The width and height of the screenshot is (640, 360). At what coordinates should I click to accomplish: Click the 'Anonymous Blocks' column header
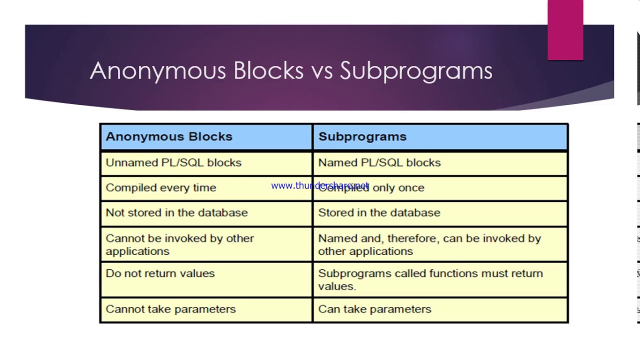click(x=169, y=136)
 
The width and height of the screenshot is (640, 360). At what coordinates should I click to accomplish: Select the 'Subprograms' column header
click(x=362, y=136)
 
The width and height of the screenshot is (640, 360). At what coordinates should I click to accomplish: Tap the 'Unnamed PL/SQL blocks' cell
click(x=173, y=162)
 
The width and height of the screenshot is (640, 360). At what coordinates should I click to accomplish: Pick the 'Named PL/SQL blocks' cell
click(x=379, y=162)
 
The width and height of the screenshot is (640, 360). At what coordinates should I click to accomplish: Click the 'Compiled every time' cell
click(x=161, y=187)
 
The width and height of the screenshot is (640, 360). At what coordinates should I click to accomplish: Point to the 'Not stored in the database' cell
click(x=176, y=212)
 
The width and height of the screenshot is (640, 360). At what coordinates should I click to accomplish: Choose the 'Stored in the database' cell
click(x=379, y=212)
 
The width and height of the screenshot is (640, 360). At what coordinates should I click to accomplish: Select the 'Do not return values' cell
click(x=160, y=273)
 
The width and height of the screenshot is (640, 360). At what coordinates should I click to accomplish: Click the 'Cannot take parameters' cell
click(x=170, y=309)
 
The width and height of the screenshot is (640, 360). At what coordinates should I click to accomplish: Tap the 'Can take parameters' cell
click(x=374, y=309)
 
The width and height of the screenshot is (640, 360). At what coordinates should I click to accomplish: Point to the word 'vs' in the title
click(x=321, y=71)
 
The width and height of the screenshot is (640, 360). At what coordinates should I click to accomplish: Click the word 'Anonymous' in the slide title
click(x=157, y=71)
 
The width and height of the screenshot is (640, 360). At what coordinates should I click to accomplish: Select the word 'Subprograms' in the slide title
click(x=416, y=71)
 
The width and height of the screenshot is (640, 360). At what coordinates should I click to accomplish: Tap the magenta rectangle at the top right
click(x=565, y=30)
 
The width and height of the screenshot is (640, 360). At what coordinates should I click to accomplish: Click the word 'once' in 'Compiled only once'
click(x=411, y=188)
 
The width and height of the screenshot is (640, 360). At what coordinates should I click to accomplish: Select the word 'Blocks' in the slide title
click(x=268, y=71)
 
